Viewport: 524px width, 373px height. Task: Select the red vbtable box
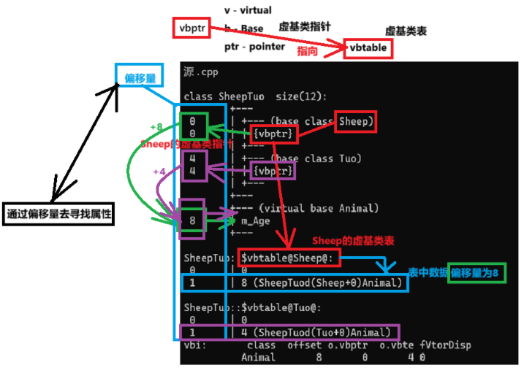[368, 49]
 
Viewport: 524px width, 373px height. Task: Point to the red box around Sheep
[355, 121]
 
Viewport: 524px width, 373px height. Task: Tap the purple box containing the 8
[192, 220]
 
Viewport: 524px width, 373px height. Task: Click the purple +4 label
[159, 172]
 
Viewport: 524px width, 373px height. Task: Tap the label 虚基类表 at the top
[406, 31]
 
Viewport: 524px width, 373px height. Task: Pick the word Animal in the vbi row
[259, 358]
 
